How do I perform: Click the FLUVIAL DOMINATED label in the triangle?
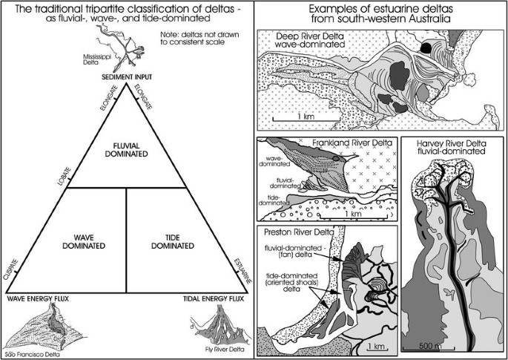click(x=126, y=149)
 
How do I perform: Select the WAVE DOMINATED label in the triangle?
click(x=84, y=242)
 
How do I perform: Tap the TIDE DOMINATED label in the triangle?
click(x=173, y=242)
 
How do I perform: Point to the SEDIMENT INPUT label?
click(x=126, y=77)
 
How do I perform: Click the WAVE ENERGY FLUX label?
click(x=38, y=298)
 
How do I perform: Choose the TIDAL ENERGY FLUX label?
click(x=214, y=298)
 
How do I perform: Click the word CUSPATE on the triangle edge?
click(x=10, y=269)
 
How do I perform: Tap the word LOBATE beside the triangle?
click(x=64, y=176)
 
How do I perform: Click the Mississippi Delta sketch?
click(x=120, y=48)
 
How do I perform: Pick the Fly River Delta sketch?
click(x=221, y=325)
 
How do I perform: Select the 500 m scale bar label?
click(x=430, y=345)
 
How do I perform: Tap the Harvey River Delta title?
click(x=452, y=147)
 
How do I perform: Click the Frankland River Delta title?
click(x=352, y=143)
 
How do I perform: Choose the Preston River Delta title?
click(x=299, y=232)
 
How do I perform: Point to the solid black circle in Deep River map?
click(x=425, y=48)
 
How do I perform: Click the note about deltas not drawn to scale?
click(x=199, y=38)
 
